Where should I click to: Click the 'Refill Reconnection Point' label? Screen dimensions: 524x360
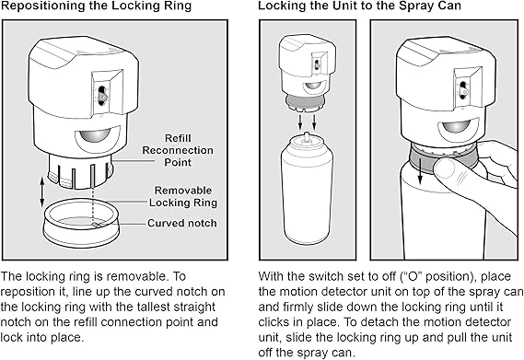click(x=178, y=150)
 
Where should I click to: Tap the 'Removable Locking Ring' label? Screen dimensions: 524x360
click(x=182, y=196)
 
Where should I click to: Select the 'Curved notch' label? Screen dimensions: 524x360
click(x=182, y=223)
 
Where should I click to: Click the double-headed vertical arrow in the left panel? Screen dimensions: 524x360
click(x=41, y=192)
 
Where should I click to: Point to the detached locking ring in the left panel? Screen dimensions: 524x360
click(x=80, y=234)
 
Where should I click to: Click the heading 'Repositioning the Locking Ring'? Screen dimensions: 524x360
click(x=97, y=6)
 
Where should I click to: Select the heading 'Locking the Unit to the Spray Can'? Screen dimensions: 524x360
click(x=359, y=6)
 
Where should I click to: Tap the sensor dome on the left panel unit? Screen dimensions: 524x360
click(x=95, y=136)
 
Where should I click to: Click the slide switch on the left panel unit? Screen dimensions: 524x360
click(x=101, y=95)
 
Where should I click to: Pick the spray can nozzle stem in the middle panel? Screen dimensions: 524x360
click(x=305, y=137)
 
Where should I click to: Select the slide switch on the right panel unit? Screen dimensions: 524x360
click(x=463, y=90)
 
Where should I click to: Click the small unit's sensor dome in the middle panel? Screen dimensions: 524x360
click(x=312, y=86)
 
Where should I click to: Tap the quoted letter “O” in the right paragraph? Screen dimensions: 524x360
click(x=410, y=277)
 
